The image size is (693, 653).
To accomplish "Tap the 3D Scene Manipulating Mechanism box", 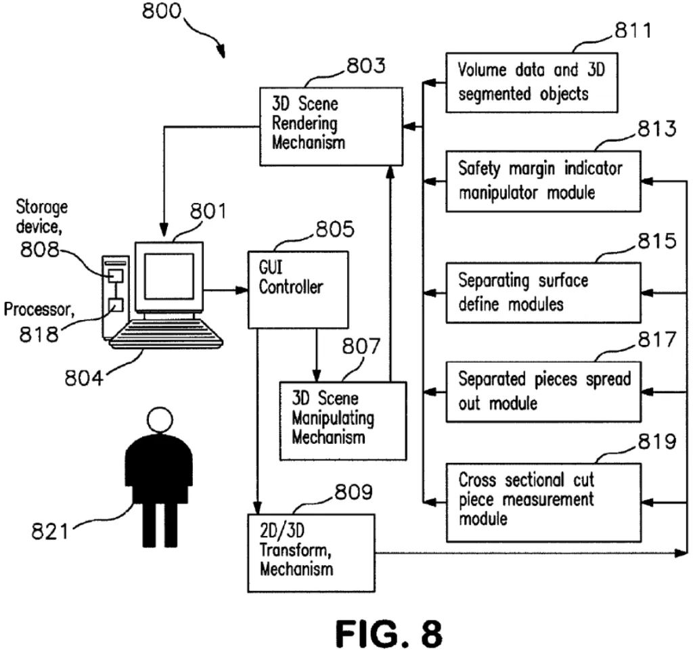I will [344, 420].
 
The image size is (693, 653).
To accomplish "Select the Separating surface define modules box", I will [542, 292].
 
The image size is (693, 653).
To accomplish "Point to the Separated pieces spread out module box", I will [542, 390].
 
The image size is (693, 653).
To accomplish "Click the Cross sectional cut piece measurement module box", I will [542, 501].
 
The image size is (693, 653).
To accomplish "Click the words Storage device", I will [42, 215].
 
